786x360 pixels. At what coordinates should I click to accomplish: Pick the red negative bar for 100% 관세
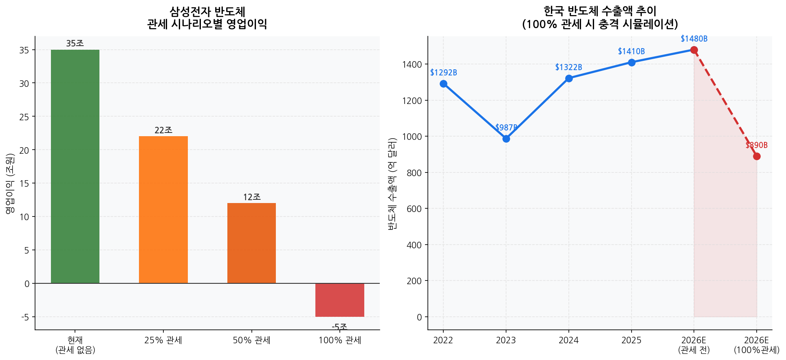[339, 300]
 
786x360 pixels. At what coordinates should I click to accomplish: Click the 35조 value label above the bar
[75, 43]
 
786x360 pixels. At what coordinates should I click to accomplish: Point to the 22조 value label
[163, 130]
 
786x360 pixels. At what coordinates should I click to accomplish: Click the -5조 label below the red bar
[339, 327]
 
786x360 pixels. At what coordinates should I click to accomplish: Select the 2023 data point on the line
[506, 139]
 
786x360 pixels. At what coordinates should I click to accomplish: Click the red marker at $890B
[757, 156]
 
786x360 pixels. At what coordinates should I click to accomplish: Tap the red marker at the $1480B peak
[694, 50]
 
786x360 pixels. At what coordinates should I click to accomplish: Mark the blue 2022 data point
[443, 84]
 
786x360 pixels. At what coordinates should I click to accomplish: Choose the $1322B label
[568, 67]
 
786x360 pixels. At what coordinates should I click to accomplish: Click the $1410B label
[631, 51]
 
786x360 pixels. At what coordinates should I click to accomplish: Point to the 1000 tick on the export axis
[412, 137]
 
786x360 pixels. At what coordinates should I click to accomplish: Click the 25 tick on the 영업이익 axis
[24, 117]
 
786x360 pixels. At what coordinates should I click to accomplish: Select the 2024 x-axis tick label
[568, 340]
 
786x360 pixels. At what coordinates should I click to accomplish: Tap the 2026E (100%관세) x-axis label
[757, 345]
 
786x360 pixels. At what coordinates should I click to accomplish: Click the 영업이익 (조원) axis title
[10, 183]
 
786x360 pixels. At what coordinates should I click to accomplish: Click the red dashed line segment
[725, 103]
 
